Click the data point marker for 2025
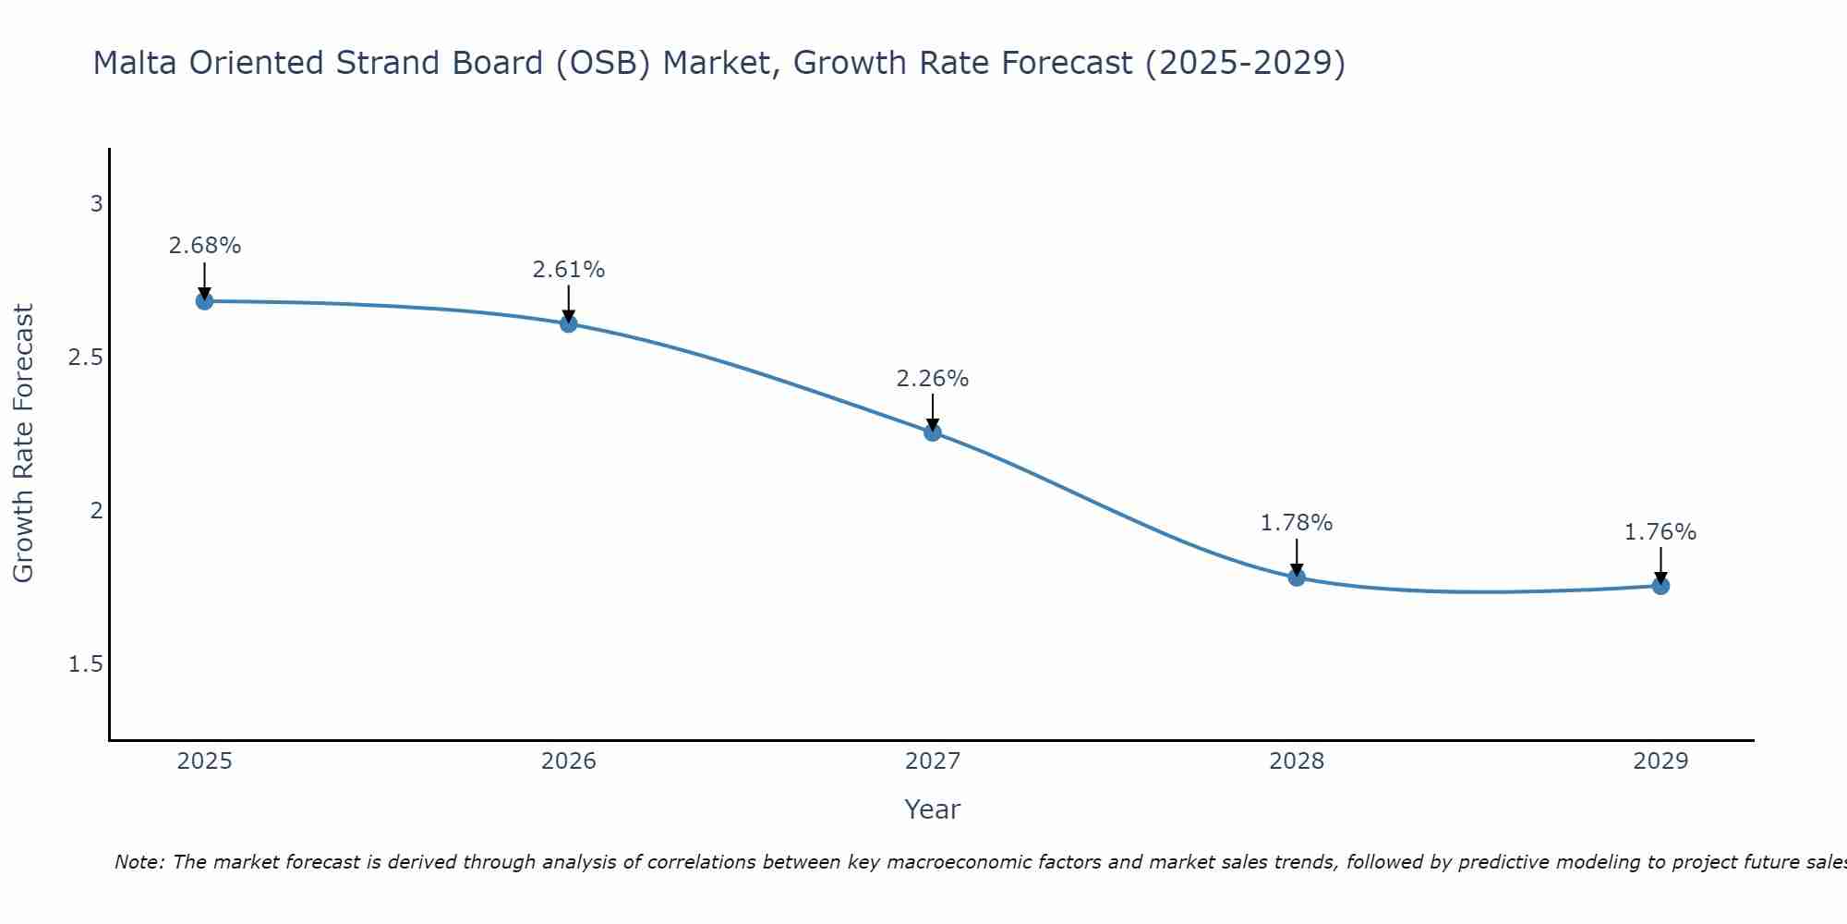pyautogui.click(x=204, y=301)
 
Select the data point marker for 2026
pyautogui.click(x=568, y=323)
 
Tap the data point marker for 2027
pyautogui.click(x=932, y=432)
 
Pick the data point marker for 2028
pyautogui.click(x=1296, y=577)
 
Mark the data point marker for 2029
pyautogui.click(x=1660, y=585)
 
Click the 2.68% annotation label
pyautogui.click(x=204, y=246)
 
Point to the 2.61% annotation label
pyautogui.click(x=568, y=270)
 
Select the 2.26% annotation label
pyautogui.click(x=932, y=379)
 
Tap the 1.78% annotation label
pyautogui.click(x=1296, y=523)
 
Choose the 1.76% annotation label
pyautogui.click(x=1660, y=532)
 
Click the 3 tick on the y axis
pyautogui.click(x=96, y=204)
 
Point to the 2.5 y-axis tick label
pyautogui.click(x=85, y=358)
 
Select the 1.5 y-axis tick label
pyautogui.click(x=85, y=664)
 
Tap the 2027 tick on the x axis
pyautogui.click(x=932, y=761)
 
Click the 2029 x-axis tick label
pyautogui.click(x=1660, y=761)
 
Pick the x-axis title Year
pyautogui.click(x=932, y=809)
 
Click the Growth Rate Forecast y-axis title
pyautogui.click(x=24, y=444)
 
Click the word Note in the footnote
pyautogui.click(x=139, y=862)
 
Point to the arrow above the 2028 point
pyautogui.click(x=1296, y=556)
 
